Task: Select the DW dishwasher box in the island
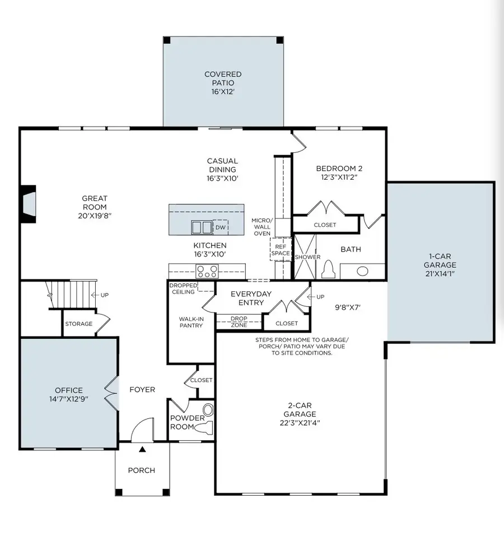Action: tap(221, 227)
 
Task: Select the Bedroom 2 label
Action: tap(337, 168)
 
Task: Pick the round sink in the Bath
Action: tap(363, 272)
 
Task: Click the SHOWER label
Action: tap(307, 257)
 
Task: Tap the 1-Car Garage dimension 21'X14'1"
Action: tap(440, 273)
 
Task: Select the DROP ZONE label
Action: tap(239, 321)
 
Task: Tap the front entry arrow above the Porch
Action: tap(142, 449)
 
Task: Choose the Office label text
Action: tap(69, 390)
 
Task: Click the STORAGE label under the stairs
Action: tap(78, 324)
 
